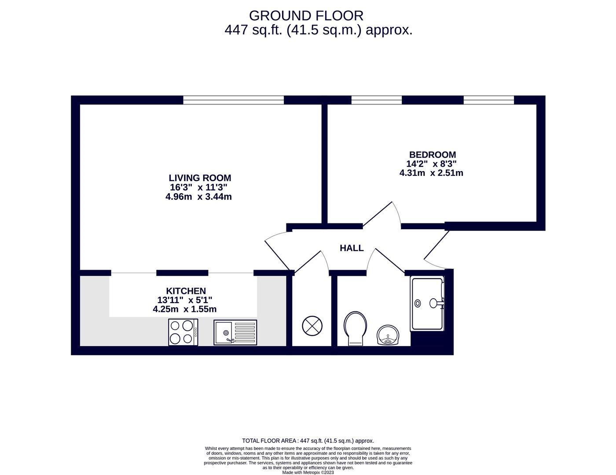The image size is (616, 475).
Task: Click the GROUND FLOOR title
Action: coord(306,16)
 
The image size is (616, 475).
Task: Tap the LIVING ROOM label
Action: coord(200,178)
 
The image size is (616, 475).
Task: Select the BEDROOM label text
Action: coord(433,155)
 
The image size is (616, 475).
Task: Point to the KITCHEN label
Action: coord(186,291)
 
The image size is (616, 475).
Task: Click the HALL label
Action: coord(352,248)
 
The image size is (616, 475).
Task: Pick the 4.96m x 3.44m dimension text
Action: coord(198,197)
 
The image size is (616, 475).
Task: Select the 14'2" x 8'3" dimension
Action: coord(432,164)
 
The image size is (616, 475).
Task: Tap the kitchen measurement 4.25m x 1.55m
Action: coord(184,309)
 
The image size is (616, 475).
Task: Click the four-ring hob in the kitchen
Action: coord(183,332)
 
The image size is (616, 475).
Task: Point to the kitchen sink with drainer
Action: coord(235,332)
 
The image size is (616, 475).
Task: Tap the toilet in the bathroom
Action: coord(355,329)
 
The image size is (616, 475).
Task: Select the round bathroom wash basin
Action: coord(388,335)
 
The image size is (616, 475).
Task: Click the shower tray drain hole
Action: coord(418,303)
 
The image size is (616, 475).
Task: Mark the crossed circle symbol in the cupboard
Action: coord(312,326)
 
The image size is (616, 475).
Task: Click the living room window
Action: coord(233,100)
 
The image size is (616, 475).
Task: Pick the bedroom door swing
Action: coord(382,215)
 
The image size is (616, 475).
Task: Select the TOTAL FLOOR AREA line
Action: coord(308,441)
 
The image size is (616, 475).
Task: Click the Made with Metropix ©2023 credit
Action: coord(308,473)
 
